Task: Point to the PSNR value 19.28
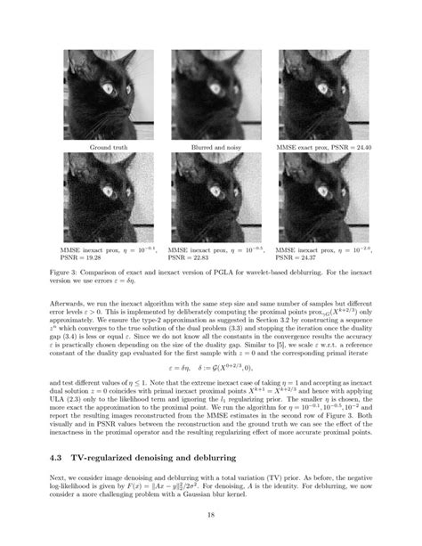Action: click(92, 259)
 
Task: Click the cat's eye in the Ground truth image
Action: click(111, 87)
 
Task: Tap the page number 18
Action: click(211, 515)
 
